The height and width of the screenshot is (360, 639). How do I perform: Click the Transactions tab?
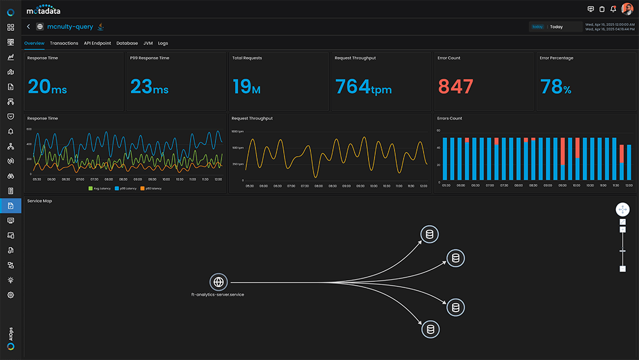tap(64, 44)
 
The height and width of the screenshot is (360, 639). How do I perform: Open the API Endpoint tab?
tap(97, 44)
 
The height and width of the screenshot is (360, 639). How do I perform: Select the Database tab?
tap(127, 44)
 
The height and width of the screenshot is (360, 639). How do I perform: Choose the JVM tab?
tap(148, 44)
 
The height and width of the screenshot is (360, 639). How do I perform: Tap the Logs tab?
tap(163, 44)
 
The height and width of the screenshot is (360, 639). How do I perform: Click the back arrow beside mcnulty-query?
tap(28, 27)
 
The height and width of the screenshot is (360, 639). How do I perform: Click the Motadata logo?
tap(44, 9)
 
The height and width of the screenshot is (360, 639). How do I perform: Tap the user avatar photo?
tap(627, 9)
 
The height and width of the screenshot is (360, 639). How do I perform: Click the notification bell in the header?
tap(613, 9)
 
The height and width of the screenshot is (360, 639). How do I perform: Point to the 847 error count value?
tap(456, 87)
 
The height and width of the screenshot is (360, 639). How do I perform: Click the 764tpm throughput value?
tap(363, 87)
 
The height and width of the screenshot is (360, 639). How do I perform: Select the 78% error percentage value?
tap(555, 87)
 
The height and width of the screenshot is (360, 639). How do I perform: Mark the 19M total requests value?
tap(246, 87)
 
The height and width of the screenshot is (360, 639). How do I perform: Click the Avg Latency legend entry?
tap(100, 188)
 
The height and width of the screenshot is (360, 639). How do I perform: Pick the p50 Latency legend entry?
tap(151, 188)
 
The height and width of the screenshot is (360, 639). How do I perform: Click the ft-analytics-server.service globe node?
tap(218, 282)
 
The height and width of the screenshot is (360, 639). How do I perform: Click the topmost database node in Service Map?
tap(430, 234)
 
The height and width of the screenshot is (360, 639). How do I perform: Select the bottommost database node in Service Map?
tap(430, 330)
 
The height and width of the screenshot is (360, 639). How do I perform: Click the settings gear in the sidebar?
tap(10, 295)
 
